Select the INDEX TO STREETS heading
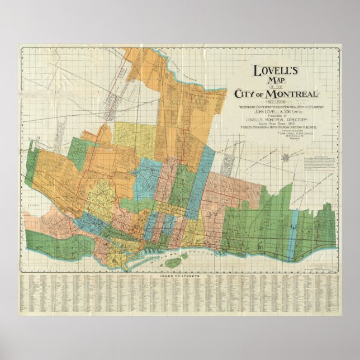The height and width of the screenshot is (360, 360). (179, 276)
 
